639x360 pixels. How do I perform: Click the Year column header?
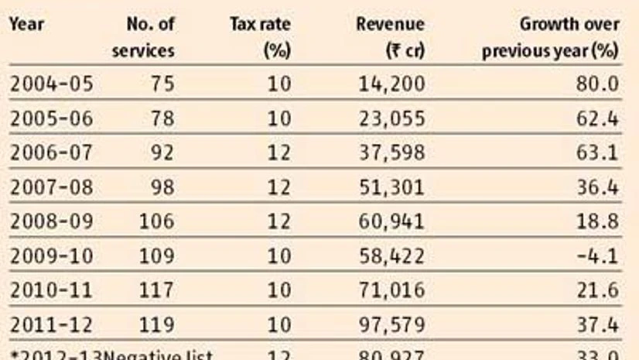point(26,24)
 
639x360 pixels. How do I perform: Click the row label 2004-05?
point(51,84)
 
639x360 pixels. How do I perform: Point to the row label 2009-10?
point(51,256)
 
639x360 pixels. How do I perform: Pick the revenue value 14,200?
point(391,84)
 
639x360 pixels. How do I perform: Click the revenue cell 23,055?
point(391,118)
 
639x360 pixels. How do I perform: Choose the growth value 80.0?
point(598,84)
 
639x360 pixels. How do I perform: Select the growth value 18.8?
point(598,221)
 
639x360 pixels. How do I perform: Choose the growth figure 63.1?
point(598,153)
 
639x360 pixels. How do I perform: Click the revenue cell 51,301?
point(391,187)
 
